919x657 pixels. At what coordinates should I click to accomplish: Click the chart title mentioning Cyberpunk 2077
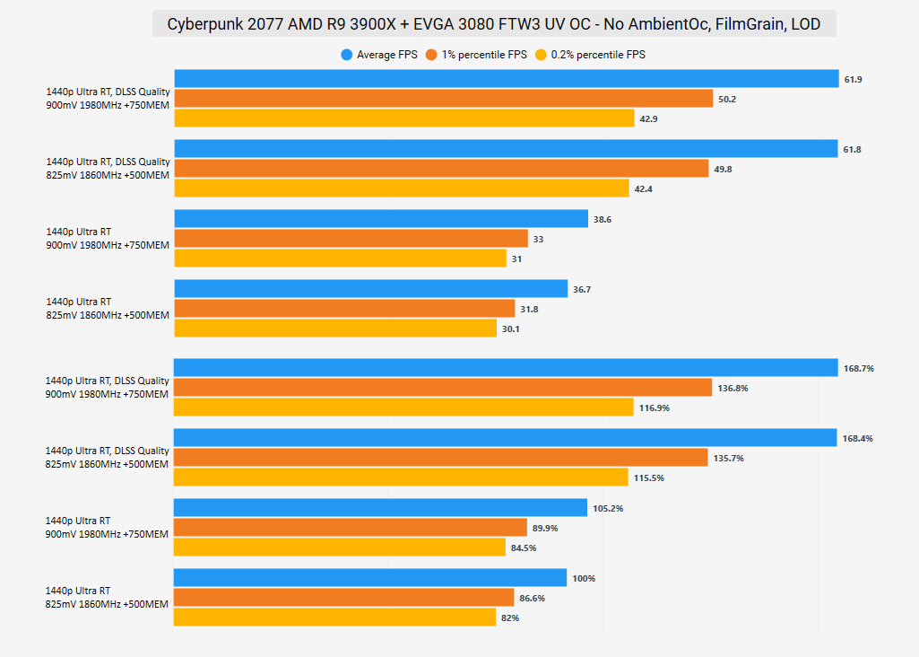point(493,24)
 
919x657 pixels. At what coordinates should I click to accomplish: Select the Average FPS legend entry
point(379,55)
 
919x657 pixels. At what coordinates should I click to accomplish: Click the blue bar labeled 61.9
point(506,80)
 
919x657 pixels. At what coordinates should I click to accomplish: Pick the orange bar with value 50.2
point(443,99)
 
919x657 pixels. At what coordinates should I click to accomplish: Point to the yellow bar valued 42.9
point(403,118)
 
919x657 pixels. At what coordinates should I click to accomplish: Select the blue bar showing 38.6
point(380,219)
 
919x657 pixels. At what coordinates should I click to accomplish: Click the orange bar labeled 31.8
point(344,309)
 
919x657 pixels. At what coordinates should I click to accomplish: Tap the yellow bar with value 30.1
point(335,328)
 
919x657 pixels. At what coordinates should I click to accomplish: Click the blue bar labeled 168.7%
point(506,368)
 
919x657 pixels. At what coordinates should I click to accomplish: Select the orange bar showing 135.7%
point(440,458)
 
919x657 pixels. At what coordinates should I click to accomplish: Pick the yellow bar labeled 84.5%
point(340,547)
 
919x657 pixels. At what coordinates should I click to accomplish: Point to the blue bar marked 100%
point(370,578)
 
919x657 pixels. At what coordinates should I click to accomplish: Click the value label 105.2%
point(608,509)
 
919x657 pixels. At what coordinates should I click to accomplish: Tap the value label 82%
point(510,618)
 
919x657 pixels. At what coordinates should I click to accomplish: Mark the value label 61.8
point(852,150)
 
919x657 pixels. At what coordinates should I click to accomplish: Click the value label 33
point(538,240)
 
